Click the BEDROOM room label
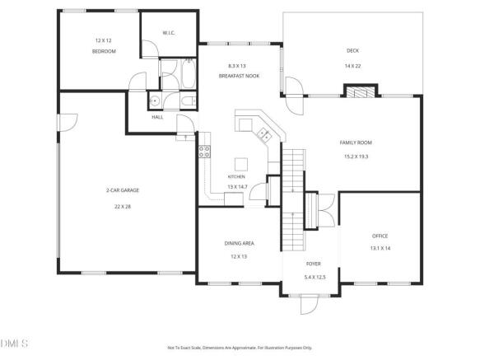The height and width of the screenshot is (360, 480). [x=104, y=51]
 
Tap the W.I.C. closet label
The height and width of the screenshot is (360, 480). [x=169, y=33]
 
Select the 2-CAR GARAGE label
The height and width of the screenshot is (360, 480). [x=123, y=190]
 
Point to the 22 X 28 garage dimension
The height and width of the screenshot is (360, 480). [x=123, y=207]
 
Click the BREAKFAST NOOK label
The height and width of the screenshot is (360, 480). [x=239, y=76]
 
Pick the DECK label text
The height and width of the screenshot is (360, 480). [x=352, y=50]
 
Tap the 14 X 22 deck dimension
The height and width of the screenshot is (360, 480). [x=352, y=66]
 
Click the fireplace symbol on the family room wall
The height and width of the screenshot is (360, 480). [x=361, y=91]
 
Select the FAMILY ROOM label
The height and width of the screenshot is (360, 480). [x=356, y=143]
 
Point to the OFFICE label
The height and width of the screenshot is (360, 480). [x=380, y=236]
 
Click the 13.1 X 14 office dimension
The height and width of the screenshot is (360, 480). [x=380, y=248]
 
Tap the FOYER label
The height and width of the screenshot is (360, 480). [x=314, y=264]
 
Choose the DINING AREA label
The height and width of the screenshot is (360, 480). [x=239, y=244]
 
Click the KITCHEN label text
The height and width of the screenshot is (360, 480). [x=236, y=177]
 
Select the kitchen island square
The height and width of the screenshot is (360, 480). [x=241, y=165]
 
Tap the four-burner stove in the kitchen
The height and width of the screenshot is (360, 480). [x=204, y=152]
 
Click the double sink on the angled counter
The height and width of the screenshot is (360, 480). [x=264, y=134]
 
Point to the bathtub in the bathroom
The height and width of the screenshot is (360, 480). [x=189, y=73]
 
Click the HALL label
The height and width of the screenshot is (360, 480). [x=157, y=117]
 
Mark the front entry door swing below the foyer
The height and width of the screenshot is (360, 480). [x=309, y=305]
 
